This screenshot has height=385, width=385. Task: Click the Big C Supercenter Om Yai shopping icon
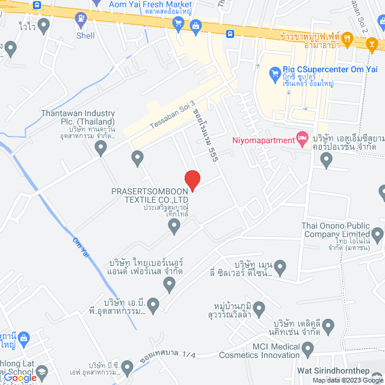[x=274, y=74]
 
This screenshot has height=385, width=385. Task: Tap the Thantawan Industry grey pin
[x=101, y=146]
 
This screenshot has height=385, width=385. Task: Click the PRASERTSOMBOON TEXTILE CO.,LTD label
[x=150, y=196]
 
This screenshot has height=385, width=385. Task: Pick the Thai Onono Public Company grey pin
[x=378, y=234]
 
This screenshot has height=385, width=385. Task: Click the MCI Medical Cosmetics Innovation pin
[x=308, y=348]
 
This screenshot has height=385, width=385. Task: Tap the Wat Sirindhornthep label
[x=340, y=371]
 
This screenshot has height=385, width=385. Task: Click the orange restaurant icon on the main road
[x=372, y=43]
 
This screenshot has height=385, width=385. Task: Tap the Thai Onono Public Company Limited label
[x=334, y=230]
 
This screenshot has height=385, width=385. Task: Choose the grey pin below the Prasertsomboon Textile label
[x=174, y=226]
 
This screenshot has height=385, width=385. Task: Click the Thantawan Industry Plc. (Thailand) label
[x=78, y=117]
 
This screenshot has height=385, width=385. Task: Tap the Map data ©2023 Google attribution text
[x=347, y=380]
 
